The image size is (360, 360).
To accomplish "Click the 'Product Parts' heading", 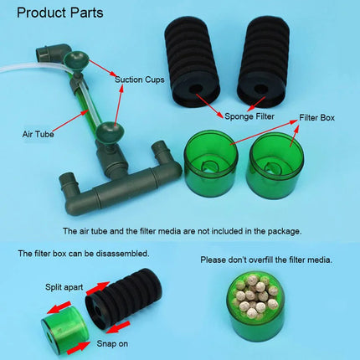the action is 60,13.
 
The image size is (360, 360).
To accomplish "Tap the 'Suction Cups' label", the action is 140,80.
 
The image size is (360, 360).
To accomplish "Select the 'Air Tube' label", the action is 38,134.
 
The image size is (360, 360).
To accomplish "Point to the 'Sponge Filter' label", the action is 249,116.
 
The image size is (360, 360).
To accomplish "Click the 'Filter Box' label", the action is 316,117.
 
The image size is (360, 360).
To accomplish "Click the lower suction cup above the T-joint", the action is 109,132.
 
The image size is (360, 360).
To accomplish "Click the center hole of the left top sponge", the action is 195,90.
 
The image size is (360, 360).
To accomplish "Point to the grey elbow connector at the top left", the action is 52,53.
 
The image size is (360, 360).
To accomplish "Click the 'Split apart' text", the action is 64,287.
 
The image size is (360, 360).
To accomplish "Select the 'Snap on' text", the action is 112,343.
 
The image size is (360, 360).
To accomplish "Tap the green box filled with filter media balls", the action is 256,305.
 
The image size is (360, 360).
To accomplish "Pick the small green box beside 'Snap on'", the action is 64,331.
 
